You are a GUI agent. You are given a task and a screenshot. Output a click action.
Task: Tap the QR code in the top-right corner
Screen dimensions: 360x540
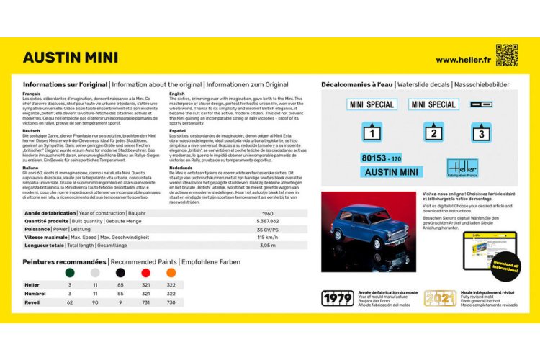coord(507,55)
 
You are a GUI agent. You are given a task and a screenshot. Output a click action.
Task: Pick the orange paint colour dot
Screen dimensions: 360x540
coord(171,274)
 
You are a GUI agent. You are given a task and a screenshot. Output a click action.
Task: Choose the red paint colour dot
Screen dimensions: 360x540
coord(145,274)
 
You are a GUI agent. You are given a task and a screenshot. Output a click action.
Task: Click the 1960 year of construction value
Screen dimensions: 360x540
coord(267,213)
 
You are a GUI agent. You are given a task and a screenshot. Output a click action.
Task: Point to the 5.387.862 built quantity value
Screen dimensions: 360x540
coord(267,221)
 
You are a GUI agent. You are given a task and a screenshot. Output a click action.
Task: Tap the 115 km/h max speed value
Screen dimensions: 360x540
coord(267,237)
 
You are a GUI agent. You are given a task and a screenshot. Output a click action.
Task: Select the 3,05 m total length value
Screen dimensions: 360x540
coord(267,245)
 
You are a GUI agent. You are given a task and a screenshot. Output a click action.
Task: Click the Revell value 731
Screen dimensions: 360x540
coord(145,303)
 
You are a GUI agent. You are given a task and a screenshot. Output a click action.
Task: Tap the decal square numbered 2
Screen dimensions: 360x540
coord(433,132)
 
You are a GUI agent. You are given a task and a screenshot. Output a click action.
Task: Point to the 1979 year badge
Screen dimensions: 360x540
coord(337,297)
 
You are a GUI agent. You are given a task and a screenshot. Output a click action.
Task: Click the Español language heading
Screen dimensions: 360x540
coord(178,130)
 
